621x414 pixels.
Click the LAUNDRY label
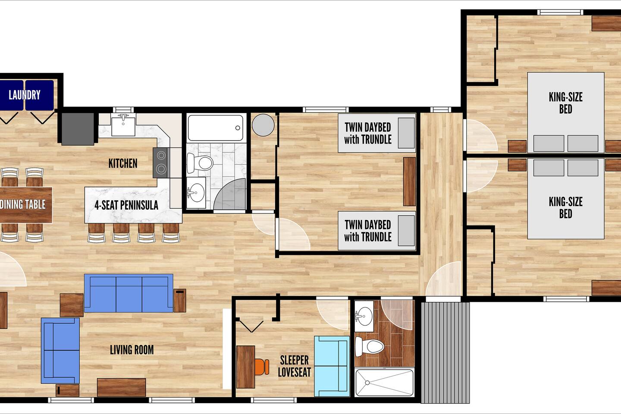pyautogui.click(x=25, y=95)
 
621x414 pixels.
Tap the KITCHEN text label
pyautogui.click(x=123, y=163)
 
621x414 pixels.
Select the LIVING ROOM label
pyautogui.click(x=132, y=350)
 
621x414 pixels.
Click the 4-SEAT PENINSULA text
pyautogui.click(x=126, y=205)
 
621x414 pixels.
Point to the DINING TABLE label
pyautogui.click(x=23, y=204)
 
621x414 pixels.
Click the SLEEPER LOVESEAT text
pyautogui.click(x=295, y=366)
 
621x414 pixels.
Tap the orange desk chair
pyautogui.click(x=262, y=367)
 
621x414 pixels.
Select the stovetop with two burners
pyautogui.click(x=160, y=163)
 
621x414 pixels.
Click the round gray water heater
pyautogui.click(x=263, y=125)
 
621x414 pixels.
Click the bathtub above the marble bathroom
pyautogui.click(x=216, y=128)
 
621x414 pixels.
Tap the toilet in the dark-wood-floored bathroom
pyautogui.click(x=369, y=346)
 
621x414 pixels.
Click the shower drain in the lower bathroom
pyautogui.click(x=367, y=383)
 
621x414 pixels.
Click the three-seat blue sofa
pyautogui.click(x=129, y=293)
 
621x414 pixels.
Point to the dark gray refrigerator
pyautogui.click(x=78, y=129)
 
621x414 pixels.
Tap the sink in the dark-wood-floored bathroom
pyautogui.click(x=364, y=316)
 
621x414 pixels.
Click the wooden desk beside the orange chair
pyautogui.click(x=246, y=367)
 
